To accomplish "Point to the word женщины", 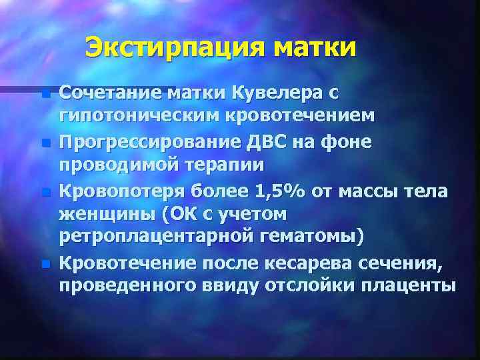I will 101,215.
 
